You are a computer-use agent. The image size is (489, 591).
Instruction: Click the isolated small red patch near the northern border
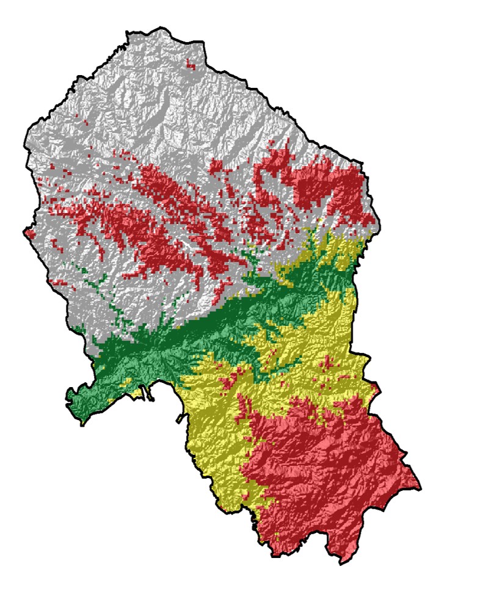[191, 63]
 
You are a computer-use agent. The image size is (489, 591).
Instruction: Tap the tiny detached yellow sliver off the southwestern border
[179, 419]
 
